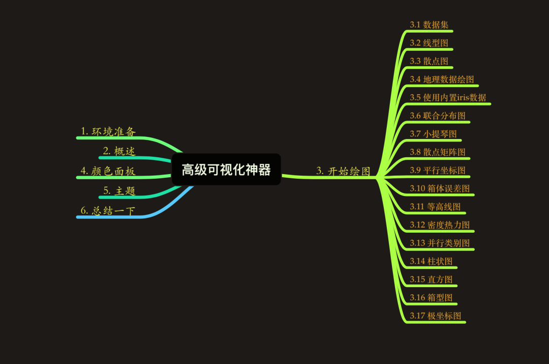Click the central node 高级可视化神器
point(226,170)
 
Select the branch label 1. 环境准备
point(108,131)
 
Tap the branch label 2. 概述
point(119,151)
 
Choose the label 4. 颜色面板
point(108,171)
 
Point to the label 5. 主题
point(119,191)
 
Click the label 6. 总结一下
point(108,210)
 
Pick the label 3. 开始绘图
point(343,171)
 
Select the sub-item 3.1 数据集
point(429,25)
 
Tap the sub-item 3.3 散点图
point(429,61)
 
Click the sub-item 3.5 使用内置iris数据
point(448,97)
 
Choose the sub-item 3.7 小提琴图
point(433,134)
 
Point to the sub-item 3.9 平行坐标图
point(437,171)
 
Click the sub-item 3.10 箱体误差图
point(439,189)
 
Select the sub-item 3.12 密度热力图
point(439,225)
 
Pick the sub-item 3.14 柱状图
point(431,261)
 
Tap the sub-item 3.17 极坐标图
point(435,316)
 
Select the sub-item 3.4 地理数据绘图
point(442,79)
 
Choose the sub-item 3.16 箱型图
point(431,298)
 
